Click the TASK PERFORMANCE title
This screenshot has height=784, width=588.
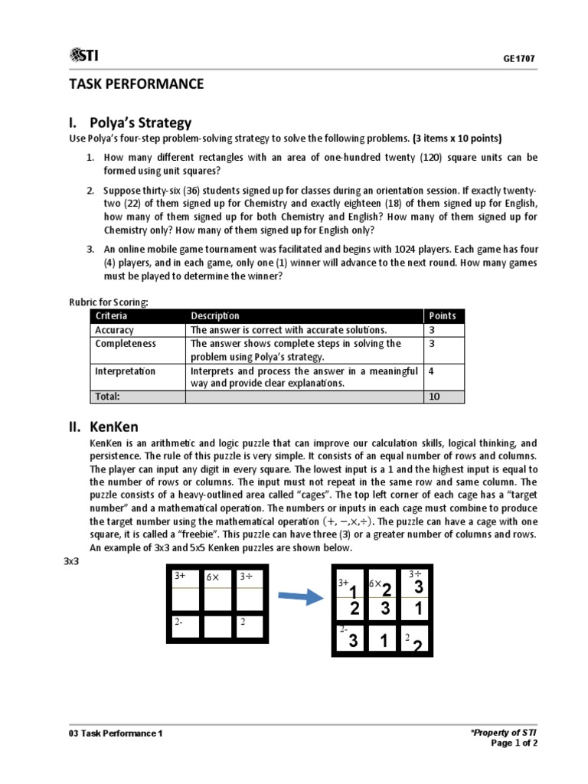(137, 84)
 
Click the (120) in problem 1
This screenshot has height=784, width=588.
(394, 158)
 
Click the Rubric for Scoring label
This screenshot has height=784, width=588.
(108, 302)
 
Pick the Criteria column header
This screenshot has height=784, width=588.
(112, 315)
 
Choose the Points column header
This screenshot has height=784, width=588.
(442, 315)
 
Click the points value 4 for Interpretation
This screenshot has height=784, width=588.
(432, 371)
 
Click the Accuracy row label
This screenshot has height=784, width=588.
(114, 330)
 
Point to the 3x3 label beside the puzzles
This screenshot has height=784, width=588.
(70, 561)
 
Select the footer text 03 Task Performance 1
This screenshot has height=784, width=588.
(116, 733)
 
